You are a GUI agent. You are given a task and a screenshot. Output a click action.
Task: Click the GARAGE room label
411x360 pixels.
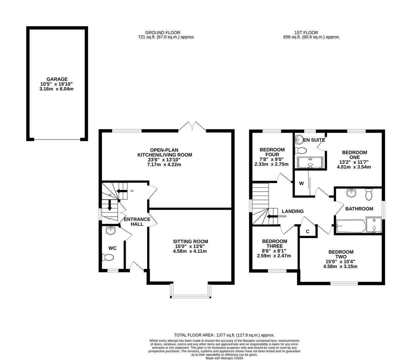pos(57,79)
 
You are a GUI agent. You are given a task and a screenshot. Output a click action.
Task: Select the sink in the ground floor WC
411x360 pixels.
pos(110,230)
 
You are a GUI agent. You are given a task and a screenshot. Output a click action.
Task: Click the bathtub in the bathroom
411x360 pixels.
pos(351,226)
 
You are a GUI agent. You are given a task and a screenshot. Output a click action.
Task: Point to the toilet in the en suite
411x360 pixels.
pos(302,150)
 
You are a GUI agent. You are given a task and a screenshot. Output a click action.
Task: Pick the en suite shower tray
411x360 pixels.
pos(310,162)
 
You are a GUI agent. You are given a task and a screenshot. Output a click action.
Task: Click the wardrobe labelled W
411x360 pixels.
pos(301,183)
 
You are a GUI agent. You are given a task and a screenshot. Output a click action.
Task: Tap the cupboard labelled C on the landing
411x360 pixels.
pos(308,231)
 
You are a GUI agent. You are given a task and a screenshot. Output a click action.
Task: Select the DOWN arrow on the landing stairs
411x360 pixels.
pos(272,216)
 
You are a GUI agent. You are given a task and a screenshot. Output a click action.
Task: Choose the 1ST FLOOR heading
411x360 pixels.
pos(306,33)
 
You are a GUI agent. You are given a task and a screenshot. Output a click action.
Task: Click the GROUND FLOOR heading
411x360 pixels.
pos(162,33)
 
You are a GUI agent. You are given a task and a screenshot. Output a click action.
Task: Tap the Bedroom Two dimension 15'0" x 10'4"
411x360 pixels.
pos(341,262)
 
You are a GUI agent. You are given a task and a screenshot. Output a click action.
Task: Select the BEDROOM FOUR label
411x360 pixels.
pos(272,152)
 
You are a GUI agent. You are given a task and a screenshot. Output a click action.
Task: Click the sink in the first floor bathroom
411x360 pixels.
pos(351,193)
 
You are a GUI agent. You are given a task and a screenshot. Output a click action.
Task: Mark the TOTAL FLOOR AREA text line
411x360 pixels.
pos(224,335)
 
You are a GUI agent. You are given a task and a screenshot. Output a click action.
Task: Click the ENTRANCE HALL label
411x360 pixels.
pos(137,222)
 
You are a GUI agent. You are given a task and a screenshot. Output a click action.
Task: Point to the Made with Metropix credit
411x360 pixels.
pos(224,358)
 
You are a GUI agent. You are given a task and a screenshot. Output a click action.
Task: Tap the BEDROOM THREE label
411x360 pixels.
pos(274,244)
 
